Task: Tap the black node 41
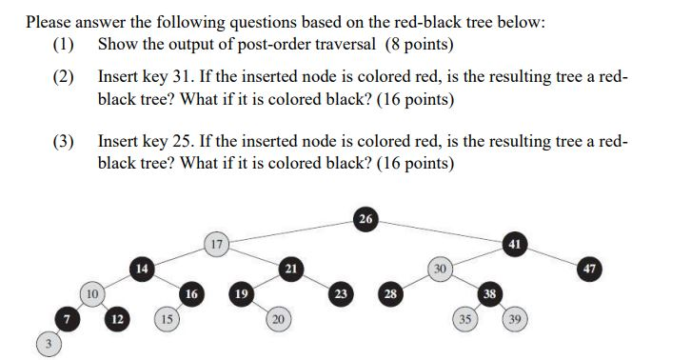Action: (x=515, y=245)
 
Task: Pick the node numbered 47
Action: (x=590, y=270)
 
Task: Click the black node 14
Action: (x=141, y=270)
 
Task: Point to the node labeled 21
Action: (x=291, y=270)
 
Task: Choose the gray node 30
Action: (x=441, y=270)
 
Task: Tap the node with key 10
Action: (x=91, y=293)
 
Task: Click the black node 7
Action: (x=66, y=317)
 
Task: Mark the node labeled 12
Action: (x=116, y=317)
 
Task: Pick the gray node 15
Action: (x=166, y=318)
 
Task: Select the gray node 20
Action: (x=278, y=318)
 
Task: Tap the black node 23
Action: (x=341, y=293)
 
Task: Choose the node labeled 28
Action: (x=390, y=293)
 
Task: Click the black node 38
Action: (x=490, y=293)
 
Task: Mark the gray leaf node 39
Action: (x=515, y=318)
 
